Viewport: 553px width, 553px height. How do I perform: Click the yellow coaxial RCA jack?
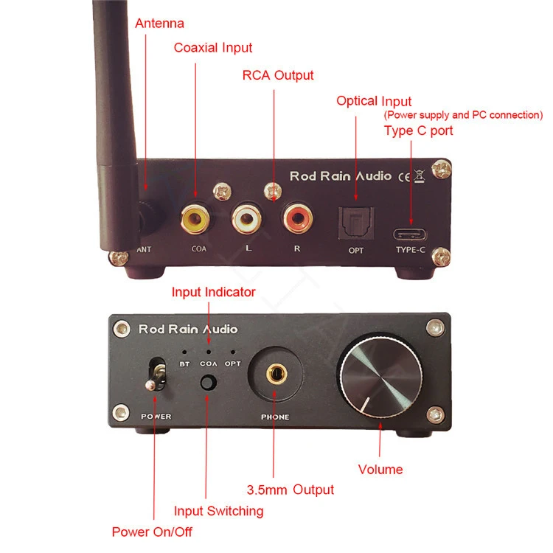coord(197,218)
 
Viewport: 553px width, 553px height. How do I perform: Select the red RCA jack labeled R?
coord(296,218)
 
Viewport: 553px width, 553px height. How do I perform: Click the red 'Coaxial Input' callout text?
coord(213,48)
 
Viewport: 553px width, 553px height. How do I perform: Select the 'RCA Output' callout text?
coord(278,75)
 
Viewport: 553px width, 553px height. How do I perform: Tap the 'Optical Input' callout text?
coord(374,101)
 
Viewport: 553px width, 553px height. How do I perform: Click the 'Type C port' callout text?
coord(419,131)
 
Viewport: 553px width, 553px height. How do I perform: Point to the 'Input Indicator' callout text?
coord(214,292)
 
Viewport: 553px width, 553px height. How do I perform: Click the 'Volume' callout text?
coord(380,470)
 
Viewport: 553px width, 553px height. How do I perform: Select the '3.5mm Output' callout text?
coord(290,490)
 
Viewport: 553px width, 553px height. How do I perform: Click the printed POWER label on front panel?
coord(156,417)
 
